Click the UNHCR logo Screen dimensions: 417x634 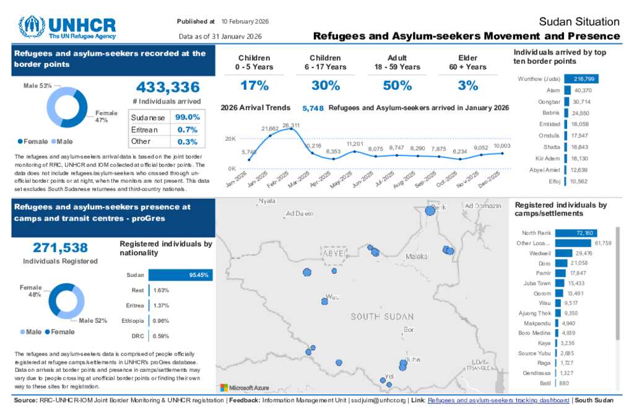click(x=67, y=27)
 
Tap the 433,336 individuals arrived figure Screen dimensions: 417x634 click(x=168, y=87)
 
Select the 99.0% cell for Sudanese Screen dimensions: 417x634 click(x=187, y=117)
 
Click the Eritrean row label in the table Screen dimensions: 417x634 click(x=144, y=129)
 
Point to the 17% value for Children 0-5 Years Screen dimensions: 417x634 click(x=254, y=86)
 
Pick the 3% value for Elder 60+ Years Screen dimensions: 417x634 click(x=467, y=86)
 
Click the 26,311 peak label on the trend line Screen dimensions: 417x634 click(x=291, y=126)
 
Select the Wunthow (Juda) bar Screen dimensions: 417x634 click(x=581, y=79)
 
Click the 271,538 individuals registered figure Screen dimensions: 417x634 click(x=60, y=248)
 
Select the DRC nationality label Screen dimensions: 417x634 click(x=137, y=336)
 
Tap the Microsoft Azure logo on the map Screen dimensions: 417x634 click(x=245, y=388)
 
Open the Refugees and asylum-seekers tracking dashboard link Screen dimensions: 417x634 click(x=498, y=401)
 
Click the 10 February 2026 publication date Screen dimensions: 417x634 click(x=245, y=21)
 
